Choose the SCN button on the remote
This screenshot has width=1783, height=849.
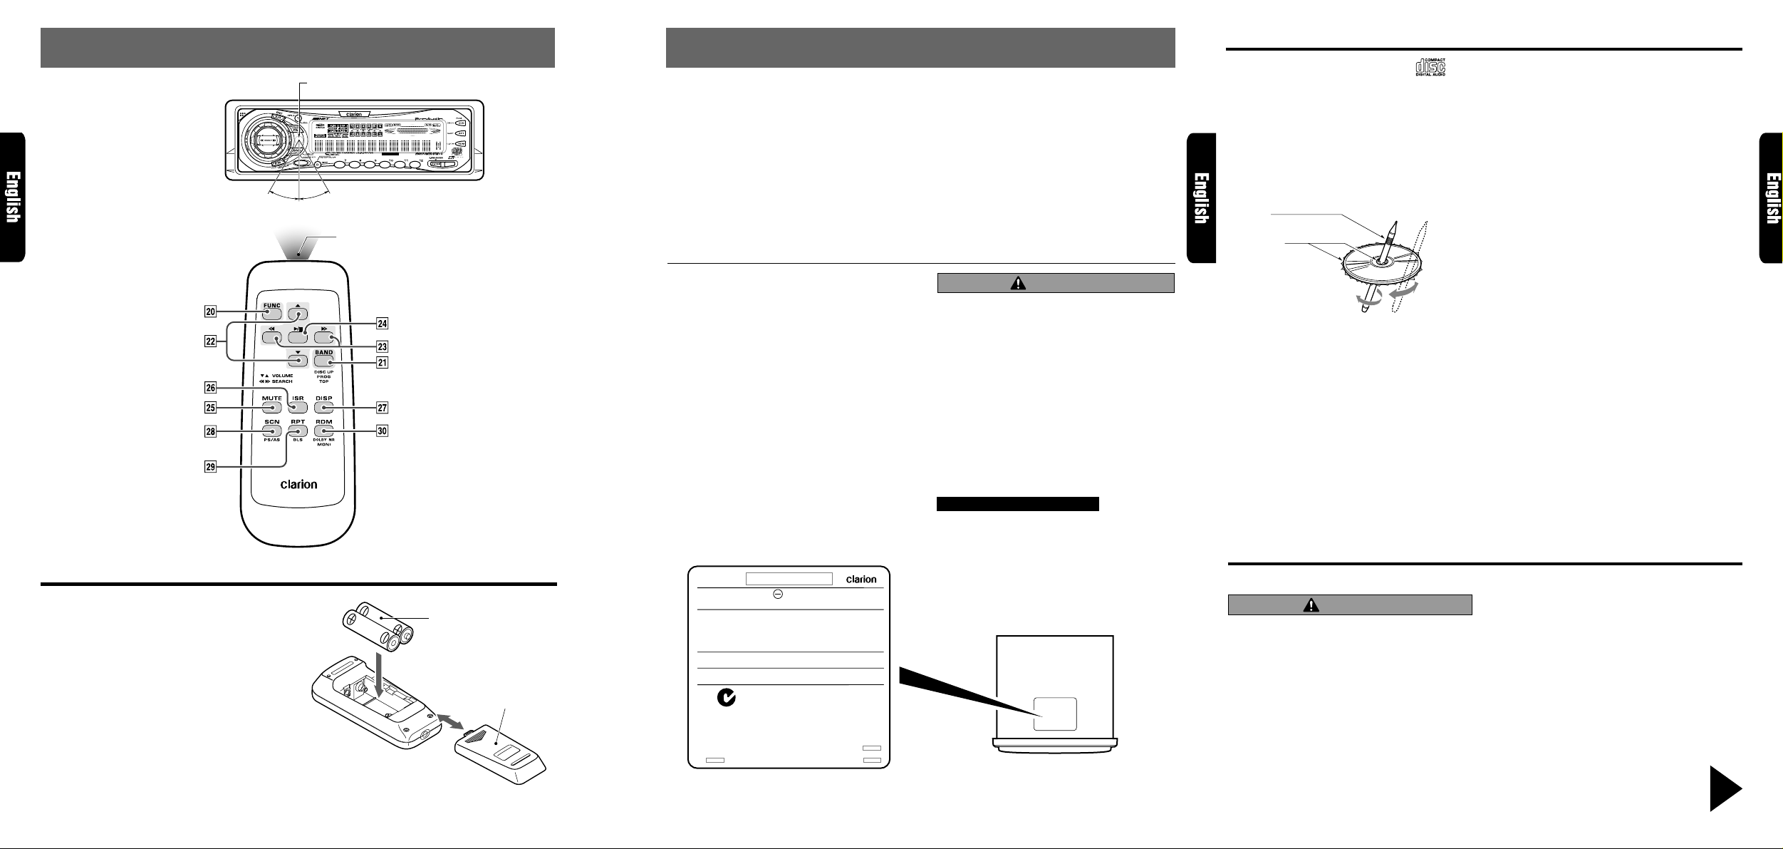271,431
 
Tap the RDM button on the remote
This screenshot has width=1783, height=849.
324,431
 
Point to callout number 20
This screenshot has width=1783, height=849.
209,311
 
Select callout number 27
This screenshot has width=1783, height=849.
383,408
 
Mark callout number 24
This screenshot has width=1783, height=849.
383,323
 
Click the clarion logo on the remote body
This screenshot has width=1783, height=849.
298,485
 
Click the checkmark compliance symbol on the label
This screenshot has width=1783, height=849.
725,699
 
